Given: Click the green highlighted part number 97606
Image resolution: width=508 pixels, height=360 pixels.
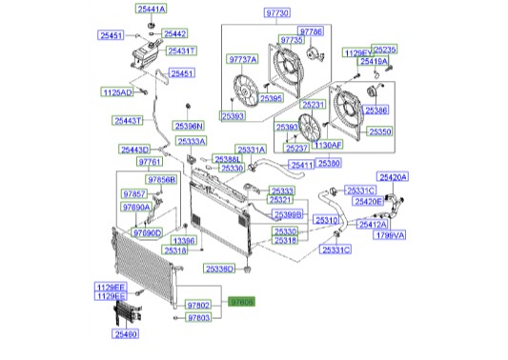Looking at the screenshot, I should [x=241, y=303].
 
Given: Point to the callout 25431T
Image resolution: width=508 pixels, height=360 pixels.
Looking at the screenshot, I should [x=182, y=50].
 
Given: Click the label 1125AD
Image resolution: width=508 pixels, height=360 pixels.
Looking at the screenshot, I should [x=118, y=92].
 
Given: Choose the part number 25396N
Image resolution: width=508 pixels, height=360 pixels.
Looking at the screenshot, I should [x=189, y=125].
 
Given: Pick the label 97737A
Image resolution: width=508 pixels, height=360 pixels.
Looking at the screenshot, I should [x=242, y=59].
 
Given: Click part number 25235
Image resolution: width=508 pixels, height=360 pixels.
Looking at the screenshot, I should [x=385, y=48].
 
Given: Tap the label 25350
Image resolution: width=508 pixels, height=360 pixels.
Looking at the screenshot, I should [x=380, y=131].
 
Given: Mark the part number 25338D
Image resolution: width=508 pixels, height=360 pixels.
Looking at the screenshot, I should [x=220, y=270].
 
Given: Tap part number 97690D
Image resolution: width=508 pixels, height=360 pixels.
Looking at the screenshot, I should [x=147, y=232].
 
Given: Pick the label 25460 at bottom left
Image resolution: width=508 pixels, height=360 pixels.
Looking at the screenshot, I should [x=126, y=334].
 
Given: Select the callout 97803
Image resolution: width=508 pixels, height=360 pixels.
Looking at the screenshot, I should [x=198, y=316].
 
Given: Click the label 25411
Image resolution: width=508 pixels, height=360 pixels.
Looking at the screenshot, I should [x=303, y=165].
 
